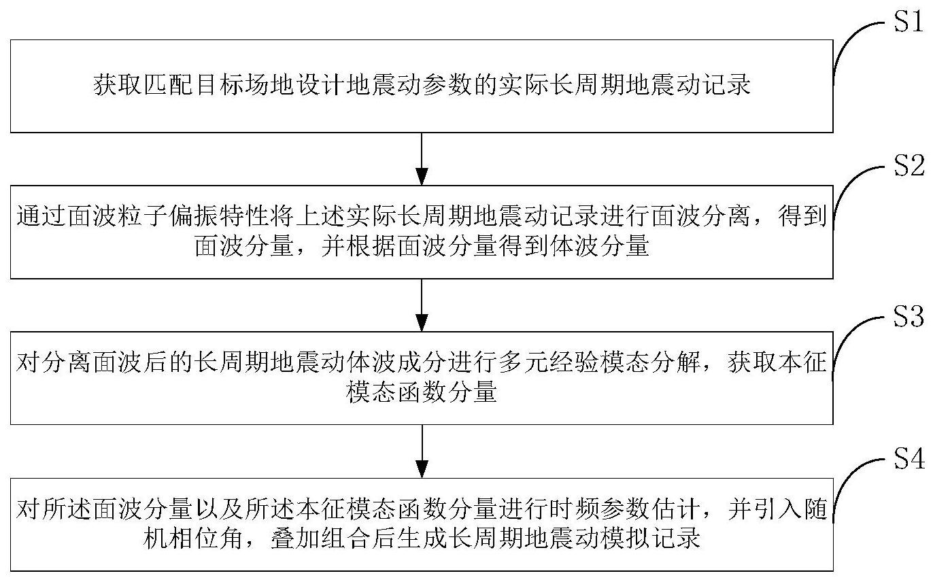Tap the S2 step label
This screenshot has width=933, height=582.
tap(906, 166)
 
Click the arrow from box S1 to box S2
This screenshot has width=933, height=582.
tap(422, 158)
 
